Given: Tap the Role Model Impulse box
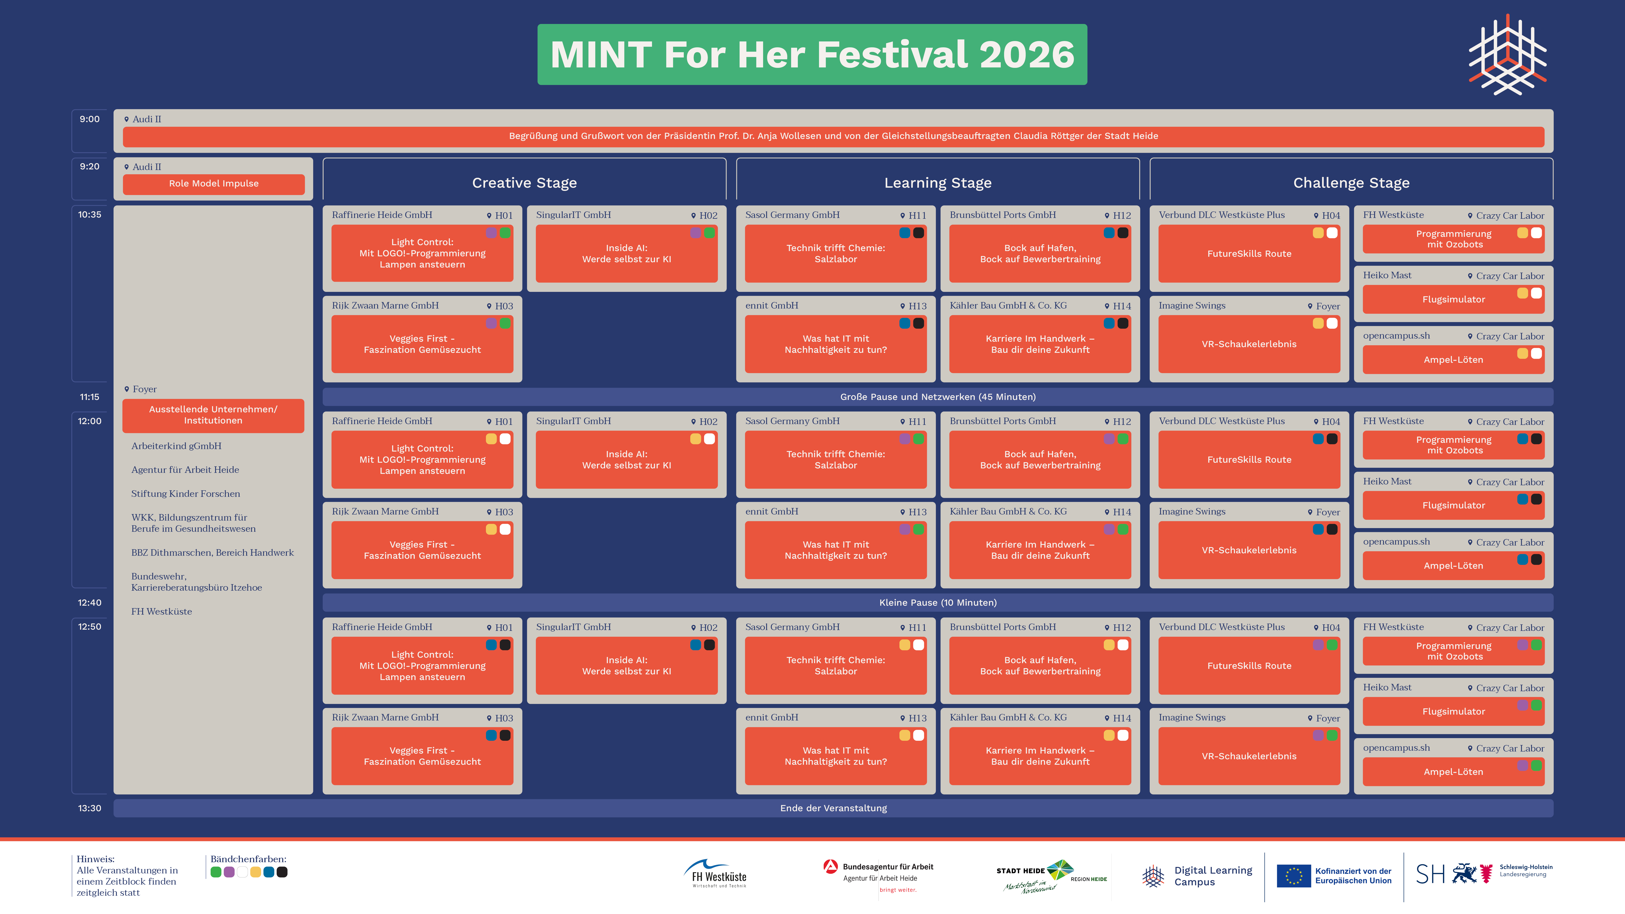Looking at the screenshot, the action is [213, 184].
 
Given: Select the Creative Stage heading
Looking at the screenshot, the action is [524, 183].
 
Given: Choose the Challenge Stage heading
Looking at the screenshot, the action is [1351, 183].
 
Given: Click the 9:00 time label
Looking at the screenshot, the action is [90, 119].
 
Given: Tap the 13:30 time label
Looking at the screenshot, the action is [90, 808].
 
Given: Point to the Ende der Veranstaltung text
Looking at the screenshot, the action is [833, 808].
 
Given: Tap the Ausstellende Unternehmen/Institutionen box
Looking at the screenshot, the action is [213, 415].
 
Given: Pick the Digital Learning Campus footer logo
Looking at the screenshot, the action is [1197, 876].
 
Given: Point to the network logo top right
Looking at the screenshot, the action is [1508, 54].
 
